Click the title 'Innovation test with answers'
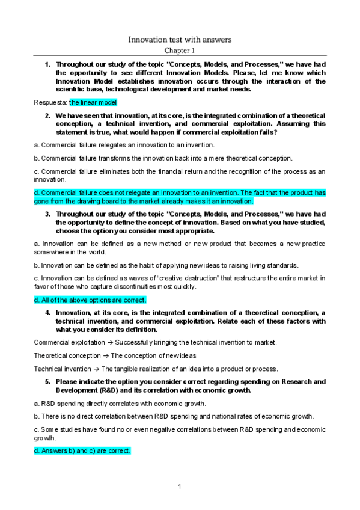point(180,40)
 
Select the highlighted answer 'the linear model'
point(93,102)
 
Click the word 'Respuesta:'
point(50,102)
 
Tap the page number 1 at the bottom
point(180,486)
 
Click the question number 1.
point(47,64)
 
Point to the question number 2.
point(47,115)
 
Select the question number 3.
point(47,214)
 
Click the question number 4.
point(47,312)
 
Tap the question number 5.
point(47,381)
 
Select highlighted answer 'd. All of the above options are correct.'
point(90,300)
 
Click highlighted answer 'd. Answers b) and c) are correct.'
point(82,450)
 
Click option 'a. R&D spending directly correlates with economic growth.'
point(120,403)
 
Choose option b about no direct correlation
point(175,416)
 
